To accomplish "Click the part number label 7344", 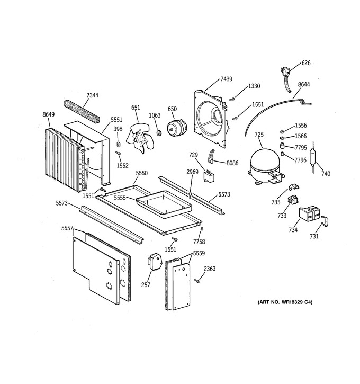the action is click(x=93, y=95).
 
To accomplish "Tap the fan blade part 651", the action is click(x=140, y=138).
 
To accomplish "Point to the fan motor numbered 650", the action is click(x=178, y=127).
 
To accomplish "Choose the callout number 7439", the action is click(x=227, y=79).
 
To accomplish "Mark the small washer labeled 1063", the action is click(x=159, y=133).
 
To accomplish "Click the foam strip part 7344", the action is click(x=83, y=112).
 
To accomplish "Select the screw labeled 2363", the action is click(x=197, y=281).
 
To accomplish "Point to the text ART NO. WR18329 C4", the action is click(x=285, y=302).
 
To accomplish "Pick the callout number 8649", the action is click(x=49, y=114).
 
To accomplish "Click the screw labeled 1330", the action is click(x=232, y=99).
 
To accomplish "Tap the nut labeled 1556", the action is click(x=282, y=132).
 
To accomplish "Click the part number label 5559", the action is click(x=199, y=253).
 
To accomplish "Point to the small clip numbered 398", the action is click(x=119, y=144).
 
